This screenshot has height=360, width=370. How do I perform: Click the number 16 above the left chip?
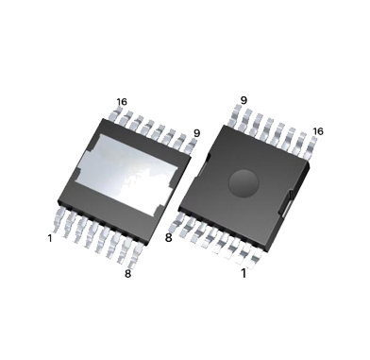[122, 102]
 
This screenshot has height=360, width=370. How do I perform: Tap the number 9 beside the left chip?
[196, 133]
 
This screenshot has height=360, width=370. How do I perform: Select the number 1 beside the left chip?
[50, 238]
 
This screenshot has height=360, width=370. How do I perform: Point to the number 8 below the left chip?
[127, 274]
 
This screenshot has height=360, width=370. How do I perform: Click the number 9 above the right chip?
[244, 100]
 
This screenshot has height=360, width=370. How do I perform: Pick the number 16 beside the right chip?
[318, 131]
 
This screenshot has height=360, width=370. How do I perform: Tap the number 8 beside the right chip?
[169, 237]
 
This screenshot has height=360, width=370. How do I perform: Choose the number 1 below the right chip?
[244, 273]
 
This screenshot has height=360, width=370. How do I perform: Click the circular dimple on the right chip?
[244, 183]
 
